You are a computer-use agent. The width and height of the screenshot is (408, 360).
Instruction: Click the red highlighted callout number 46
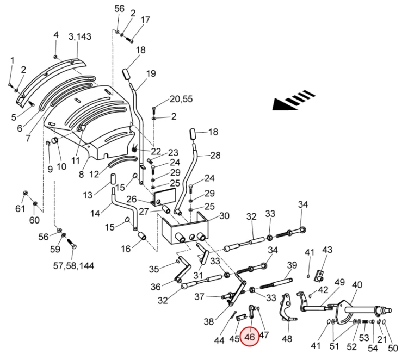[250, 337]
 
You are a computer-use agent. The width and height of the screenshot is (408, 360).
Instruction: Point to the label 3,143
[79, 36]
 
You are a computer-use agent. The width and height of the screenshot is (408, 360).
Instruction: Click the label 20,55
[181, 99]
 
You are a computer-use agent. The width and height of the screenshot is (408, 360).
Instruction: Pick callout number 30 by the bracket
[224, 215]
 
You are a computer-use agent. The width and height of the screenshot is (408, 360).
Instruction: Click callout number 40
[357, 285]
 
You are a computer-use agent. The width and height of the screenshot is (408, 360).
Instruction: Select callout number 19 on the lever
[151, 73]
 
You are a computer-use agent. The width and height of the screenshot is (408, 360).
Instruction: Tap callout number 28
[215, 156]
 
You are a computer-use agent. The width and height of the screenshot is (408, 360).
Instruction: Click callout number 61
[20, 209]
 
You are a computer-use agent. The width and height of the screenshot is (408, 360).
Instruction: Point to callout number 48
[287, 339]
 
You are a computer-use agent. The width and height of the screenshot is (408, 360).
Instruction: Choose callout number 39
[292, 265]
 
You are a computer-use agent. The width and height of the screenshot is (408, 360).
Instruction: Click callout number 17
[145, 20]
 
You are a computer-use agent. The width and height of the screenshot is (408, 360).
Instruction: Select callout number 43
[327, 250]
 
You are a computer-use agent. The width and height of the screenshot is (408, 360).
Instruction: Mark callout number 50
[393, 348]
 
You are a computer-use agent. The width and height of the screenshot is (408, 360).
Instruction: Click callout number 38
[209, 322]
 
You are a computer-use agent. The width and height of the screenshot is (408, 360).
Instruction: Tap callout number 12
[95, 174]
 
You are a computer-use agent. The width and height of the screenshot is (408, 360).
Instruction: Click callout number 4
[55, 35]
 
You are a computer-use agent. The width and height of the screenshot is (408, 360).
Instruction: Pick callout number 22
[156, 151]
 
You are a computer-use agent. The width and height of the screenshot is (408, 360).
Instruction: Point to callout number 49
[340, 282]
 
